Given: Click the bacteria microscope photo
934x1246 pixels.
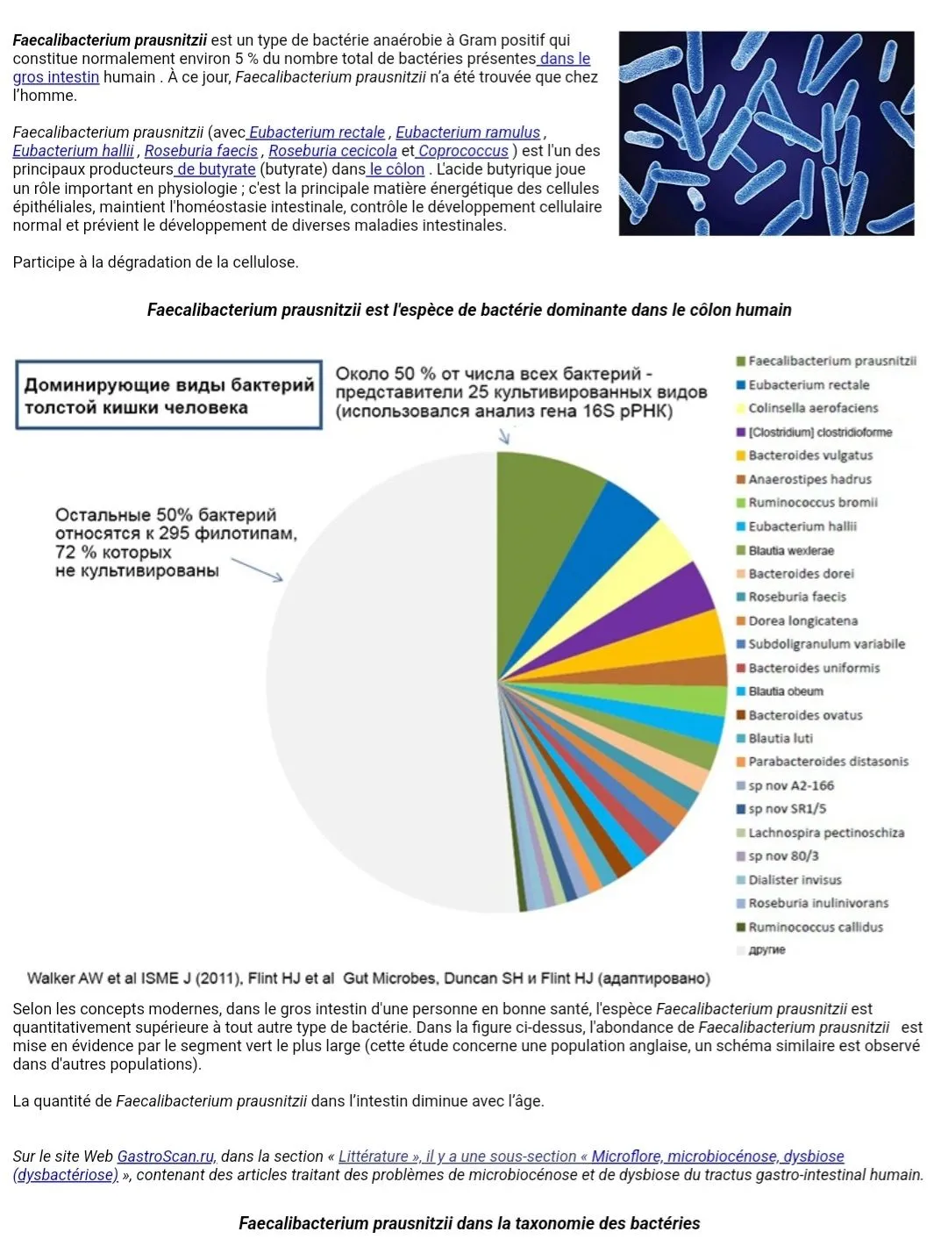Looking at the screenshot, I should [766, 133].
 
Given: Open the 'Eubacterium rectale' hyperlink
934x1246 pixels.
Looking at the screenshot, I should [317, 132].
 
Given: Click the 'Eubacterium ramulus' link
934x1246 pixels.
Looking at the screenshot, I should [467, 132].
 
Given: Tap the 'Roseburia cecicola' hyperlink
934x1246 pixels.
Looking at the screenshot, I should [332, 151].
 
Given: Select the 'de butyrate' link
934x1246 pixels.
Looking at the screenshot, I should [216, 169].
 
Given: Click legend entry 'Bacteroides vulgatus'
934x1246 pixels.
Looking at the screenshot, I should [810, 455].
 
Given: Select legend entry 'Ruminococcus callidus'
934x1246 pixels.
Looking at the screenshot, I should [816, 927].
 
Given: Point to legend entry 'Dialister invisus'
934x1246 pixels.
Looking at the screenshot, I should [795, 880].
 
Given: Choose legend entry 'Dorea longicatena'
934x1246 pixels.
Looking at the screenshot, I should [802, 620].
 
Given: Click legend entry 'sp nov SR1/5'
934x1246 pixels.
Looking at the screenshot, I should [787, 809].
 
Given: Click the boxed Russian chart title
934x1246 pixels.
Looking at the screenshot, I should [169, 396].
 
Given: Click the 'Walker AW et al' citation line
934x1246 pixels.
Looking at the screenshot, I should [368, 978].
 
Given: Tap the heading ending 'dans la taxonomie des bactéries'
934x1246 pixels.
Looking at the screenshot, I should [469, 1223].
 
